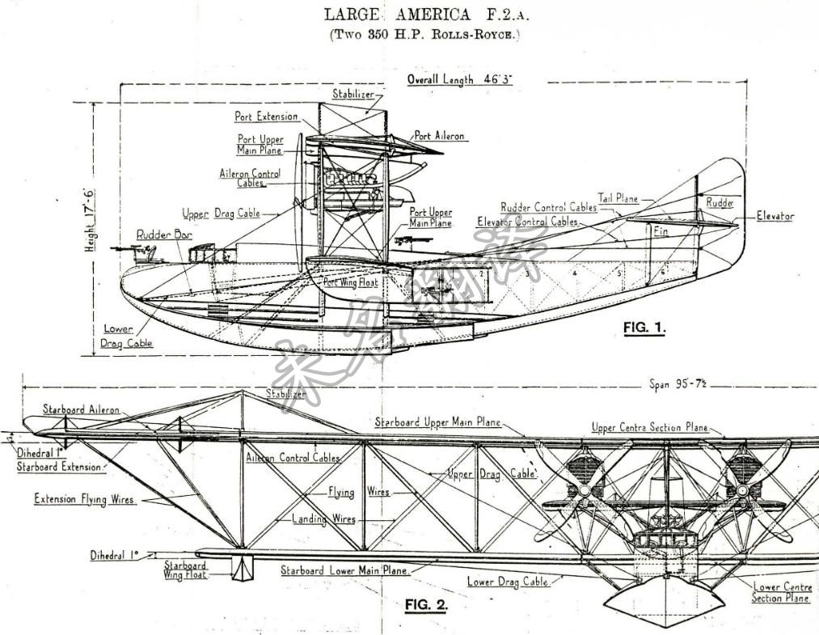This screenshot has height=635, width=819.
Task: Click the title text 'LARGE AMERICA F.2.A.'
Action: pyautogui.click(x=419, y=14)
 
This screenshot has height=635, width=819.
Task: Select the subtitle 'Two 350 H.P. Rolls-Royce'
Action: pyautogui.click(x=419, y=34)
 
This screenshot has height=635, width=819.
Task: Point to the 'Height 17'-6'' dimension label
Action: pyautogui.click(x=90, y=221)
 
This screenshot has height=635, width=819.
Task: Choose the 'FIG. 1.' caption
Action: pyautogui.click(x=644, y=328)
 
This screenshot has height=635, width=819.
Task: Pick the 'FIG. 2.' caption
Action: pyautogui.click(x=425, y=604)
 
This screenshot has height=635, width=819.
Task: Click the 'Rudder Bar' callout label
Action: pyautogui.click(x=160, y=234)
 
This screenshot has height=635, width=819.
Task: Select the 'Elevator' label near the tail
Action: pyautogui.click(x=775, y=216)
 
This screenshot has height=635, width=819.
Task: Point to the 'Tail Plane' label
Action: pyautogui.click(x=618, y=197)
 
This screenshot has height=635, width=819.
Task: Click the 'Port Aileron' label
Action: pyautogui.click(x=440, y=136)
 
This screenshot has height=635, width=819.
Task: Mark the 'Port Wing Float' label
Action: pyautogui.click(x=350, y=282)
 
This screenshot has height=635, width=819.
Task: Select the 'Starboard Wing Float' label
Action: pyautogui.click(x=185, y=569)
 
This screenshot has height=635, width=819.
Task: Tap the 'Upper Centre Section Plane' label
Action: pyautogui.click(x=649, y=427)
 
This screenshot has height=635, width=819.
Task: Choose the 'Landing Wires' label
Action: pyautogui.click(x=323, y=519)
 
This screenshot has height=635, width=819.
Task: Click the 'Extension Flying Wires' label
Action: pyautogui.click(x=83, y=499)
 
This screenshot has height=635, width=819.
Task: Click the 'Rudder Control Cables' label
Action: pyautogui.click(x=548, y=207)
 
